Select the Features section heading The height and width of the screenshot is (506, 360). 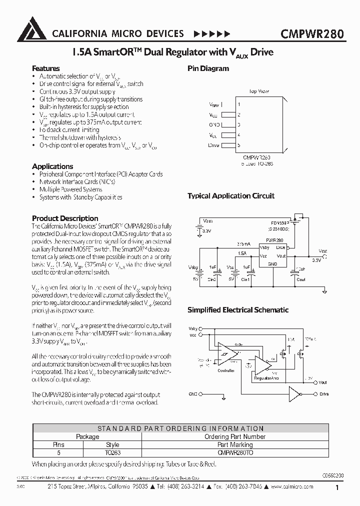pos(45,68)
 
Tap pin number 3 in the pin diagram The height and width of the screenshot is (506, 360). pos(239,124)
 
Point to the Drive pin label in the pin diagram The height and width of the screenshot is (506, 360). pos(213,145)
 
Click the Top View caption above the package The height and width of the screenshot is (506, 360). pos(259,91)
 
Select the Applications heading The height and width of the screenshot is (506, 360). pos(52,166)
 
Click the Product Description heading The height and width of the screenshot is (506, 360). pos(65,218)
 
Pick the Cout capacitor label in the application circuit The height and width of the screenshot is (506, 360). pos(301,279)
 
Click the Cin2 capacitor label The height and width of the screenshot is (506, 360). pos(212,279)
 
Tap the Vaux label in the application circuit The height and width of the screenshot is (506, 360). pos(208,220)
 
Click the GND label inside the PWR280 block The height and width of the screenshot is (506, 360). pos(272,263)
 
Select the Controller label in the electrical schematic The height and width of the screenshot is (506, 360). pos(226,370)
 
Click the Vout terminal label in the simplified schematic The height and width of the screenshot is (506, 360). pos(323,382)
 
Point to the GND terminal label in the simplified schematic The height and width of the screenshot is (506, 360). pos(193,394)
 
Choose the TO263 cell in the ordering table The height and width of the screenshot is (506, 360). pos(112,452)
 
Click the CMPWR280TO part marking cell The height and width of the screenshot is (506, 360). pos(235,452)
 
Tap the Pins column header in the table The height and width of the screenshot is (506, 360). pos(59,444)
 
